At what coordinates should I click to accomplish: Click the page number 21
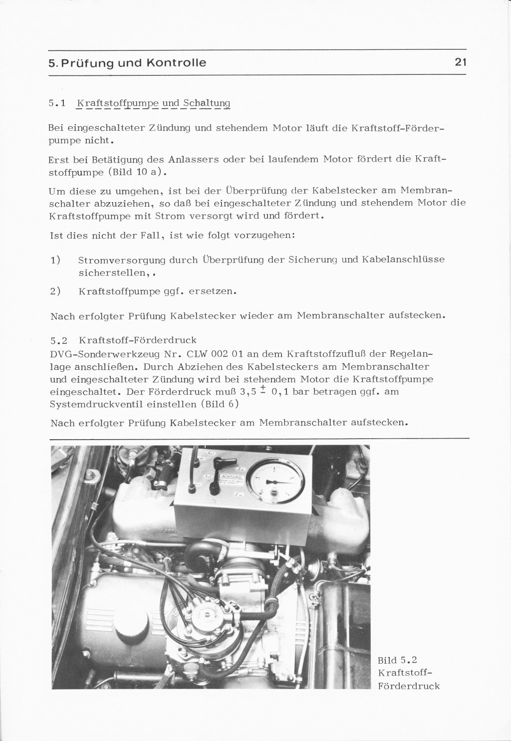pos(460,62)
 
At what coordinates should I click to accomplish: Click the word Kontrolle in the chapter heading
pos(176,63)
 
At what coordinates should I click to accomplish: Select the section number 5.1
pos(57,104)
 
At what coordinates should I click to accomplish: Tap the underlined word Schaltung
pos(207,104)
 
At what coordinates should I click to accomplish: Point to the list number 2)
pos(55,291)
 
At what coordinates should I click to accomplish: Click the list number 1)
pos(55,260)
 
